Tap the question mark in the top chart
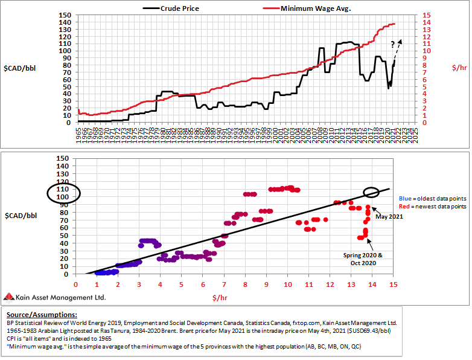(x=392, y=44)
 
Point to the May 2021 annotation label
(x=388, y=217)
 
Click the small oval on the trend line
(x=372, y=192)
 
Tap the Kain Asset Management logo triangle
(x=9, y=297)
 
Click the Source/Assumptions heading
(x=42, y=315)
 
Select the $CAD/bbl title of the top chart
(x=20, y=68)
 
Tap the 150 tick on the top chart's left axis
(x=66, y=15)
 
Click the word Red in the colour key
(x=406, y=207)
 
